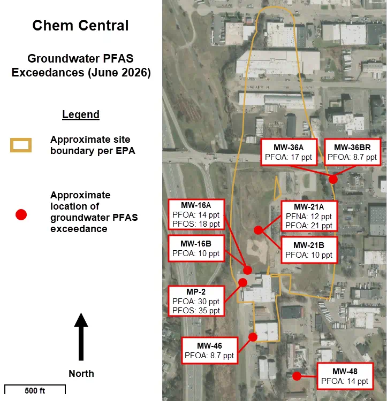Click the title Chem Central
coord(80,26)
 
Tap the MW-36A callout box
coord(289,152)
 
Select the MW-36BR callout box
coord(352,152)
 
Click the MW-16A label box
coord(196,214)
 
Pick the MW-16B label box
coord(196,248)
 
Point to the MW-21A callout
coord(309,216)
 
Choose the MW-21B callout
coord(309,250)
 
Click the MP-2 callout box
coord(196,301)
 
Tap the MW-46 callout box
coord(209,350)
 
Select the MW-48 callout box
coord(345,376)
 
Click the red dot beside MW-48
coord(297,376)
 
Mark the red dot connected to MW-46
coord(253,337)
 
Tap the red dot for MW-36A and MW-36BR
coord(333,179)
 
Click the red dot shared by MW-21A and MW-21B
coord(258,230)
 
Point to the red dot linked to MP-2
coord(242,282)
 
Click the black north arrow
coord(81,336)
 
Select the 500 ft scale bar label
coord(35,391)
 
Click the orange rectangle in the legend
coord(21,145)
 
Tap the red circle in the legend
coord(21,214)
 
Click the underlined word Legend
coord(81,114)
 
